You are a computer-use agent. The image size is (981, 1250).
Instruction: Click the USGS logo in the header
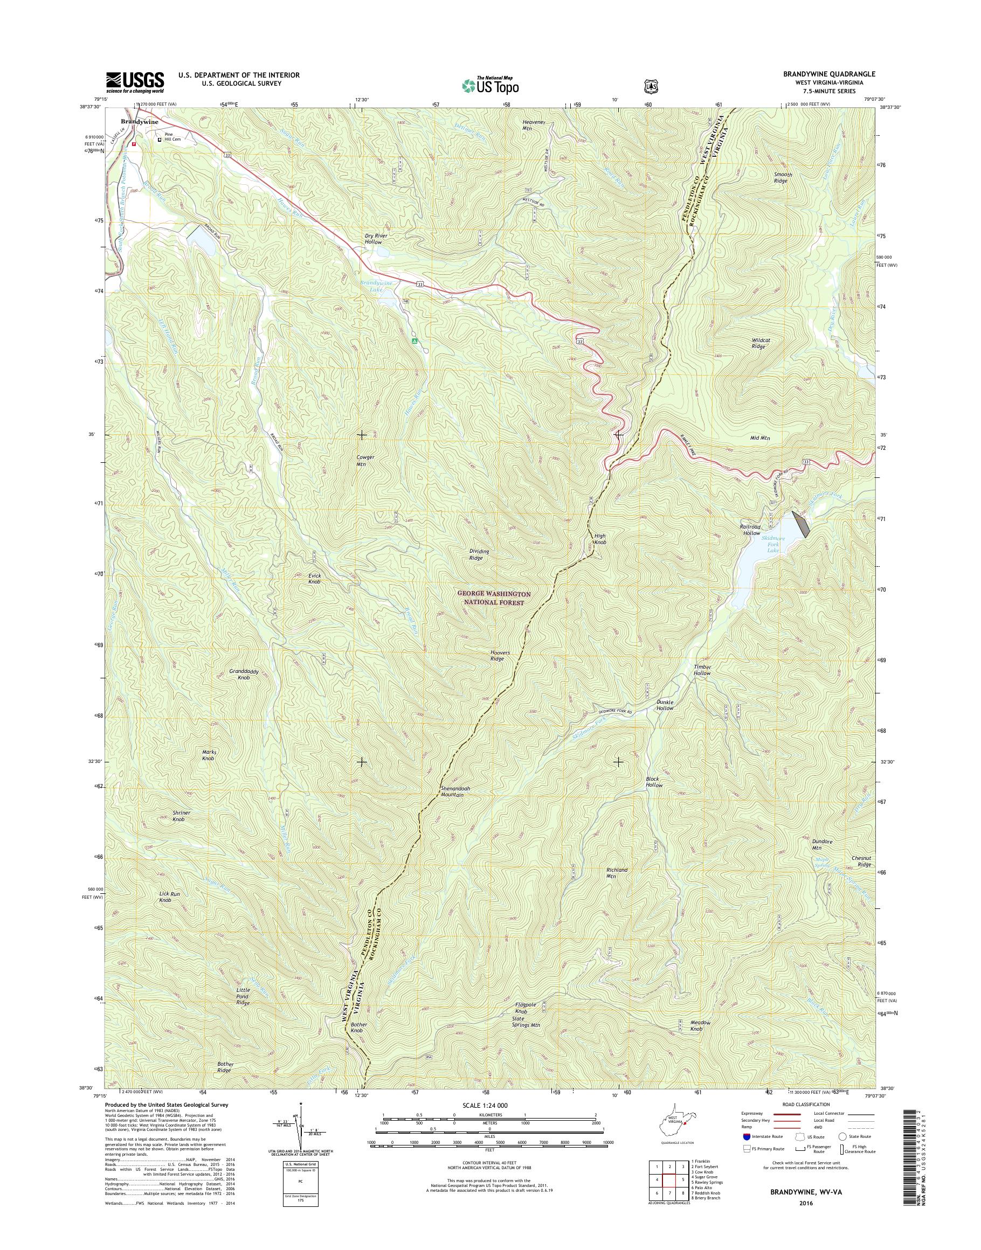(135, 82)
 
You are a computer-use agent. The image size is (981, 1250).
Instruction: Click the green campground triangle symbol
(414, 341)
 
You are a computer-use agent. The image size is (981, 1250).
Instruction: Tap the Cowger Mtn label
(365, 461)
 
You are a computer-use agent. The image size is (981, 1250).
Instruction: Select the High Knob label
(599, 539)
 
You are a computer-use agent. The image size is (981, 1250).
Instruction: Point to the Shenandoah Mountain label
(455, 791)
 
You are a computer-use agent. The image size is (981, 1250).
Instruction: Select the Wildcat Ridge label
(761, 343)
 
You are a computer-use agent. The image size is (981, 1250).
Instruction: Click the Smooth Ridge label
(782, 177)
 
